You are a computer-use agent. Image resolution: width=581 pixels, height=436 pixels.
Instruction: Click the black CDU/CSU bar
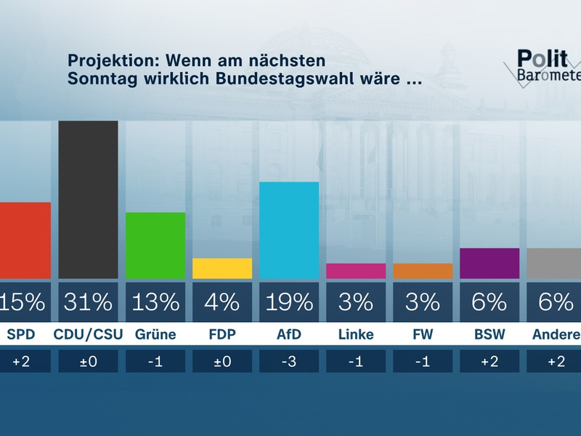pyautogui.click(x=88, y=200)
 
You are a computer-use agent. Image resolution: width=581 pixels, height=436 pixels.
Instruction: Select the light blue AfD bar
pyautogui.click(x=289, y=230)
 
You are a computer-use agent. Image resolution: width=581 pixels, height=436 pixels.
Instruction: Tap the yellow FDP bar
pyautogui.click(x=222, y=268)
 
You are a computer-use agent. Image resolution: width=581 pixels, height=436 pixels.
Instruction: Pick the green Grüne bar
pyautogui.click(x=155, y=246)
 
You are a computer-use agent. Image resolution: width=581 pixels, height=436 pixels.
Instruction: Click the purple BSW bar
pyautogui.click(x=489, y=264)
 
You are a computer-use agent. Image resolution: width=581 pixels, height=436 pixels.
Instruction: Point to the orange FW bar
pyautogui.click(x=423, y=271)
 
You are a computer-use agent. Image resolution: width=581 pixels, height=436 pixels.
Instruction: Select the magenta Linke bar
pyautogui.click(x=356, y=271)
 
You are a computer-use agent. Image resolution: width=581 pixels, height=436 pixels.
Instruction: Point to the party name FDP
pyautogui.click(x=222, y=335)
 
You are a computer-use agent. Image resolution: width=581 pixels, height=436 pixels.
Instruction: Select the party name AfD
pyautogui.click(x=289, y=335)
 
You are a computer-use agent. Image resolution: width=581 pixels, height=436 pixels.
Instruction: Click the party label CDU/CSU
pyautogui.click(x=88, y=335)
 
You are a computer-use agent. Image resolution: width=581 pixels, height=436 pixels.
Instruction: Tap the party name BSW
pyautogui.click(x=489, y=335)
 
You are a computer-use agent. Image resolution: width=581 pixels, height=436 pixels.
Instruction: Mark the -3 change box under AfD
pyautogui.click(x=289, y=361)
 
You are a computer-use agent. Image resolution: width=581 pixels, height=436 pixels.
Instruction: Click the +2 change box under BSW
pyautogui.click(x=489, y=361)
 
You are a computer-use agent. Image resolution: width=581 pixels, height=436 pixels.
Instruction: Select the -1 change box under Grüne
pyautogui.click(x=155, y=361)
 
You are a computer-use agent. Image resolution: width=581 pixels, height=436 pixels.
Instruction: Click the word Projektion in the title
pyautogui.click(x=110, y=60)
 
